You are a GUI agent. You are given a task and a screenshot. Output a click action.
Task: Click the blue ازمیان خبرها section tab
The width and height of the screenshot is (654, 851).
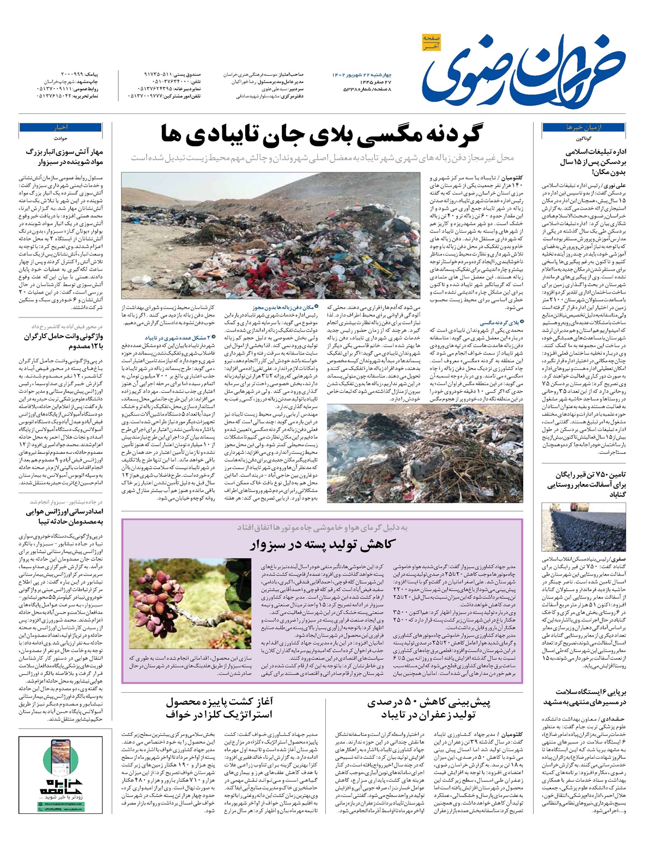click(x=569, y=127)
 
